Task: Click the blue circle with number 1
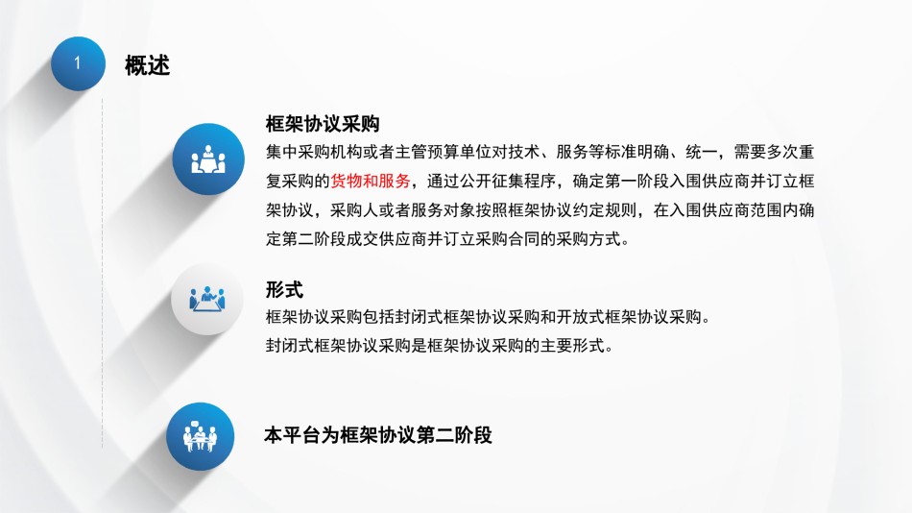[x=78, y=63]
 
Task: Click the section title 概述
[x=147, y=65]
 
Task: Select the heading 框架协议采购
[x=323, y=123]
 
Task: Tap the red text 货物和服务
[x=371, y=182]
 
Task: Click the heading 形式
[x=284, y=289]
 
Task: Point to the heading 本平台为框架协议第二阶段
[x=378, y=435]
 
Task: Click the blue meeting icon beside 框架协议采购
[x=208, y=159]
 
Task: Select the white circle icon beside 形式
[x=207, y=300]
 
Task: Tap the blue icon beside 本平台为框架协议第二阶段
[x=200, y=436]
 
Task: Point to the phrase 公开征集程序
[x=508, y=182]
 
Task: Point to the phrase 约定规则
[x=605, y=209]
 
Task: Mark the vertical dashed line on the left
[x=103, y=273]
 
